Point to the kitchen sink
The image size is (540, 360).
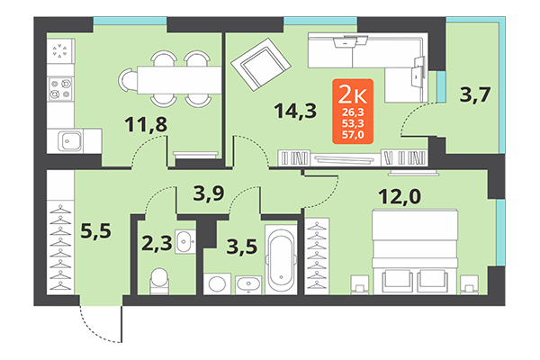68,139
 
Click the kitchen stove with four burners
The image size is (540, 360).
62,88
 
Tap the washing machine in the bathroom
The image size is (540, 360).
215,283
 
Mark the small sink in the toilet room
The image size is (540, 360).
184,241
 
